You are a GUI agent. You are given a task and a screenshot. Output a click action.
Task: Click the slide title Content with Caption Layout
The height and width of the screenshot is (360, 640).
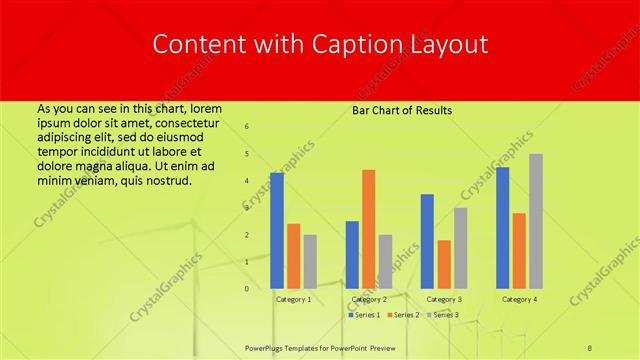(x=319, y=45)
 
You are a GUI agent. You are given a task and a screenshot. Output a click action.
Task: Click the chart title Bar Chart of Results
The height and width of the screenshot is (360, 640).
(x=402, y=110)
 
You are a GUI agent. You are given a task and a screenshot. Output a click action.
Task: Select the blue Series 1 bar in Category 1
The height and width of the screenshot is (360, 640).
(x=277, y=230)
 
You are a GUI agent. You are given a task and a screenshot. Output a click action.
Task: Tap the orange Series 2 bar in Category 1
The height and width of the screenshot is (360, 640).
(x=293, y=256)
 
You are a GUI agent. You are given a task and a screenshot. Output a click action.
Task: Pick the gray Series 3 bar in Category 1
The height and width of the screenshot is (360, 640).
(x=310, y=261)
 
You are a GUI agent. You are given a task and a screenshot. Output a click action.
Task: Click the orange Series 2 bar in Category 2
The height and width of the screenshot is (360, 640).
(x=369, y=229)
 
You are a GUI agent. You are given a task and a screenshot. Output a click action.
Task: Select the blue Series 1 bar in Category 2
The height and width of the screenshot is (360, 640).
(x=352, y=255)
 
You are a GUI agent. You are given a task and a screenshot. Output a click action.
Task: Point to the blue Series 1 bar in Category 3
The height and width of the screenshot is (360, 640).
(x=427, y=241)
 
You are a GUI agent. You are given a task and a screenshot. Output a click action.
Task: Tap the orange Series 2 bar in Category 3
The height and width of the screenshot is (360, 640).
(x=444, y=264)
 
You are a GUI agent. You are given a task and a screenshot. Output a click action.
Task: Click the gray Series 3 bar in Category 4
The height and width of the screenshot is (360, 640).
(x=536, y=221)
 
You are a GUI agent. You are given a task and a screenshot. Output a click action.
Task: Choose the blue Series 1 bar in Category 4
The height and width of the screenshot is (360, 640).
(x=502, y=228)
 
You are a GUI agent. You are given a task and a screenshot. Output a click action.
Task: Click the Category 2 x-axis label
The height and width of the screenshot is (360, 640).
(x=369, y=299)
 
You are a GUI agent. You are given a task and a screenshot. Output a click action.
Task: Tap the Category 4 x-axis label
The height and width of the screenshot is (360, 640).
(x=519, y=299)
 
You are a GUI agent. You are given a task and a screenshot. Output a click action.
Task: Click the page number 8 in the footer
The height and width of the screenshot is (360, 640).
(x=590, y=346)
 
